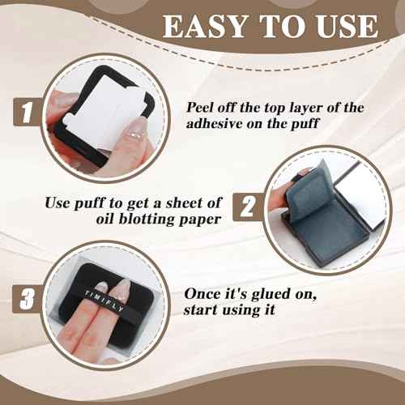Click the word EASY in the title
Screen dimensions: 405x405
[x=205, y=27]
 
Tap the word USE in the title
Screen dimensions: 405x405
[x=347, y=26]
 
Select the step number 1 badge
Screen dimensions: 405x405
[x=28, y=112]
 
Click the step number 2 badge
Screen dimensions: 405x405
[x=247, y=207]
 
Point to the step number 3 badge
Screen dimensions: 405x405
[x=28, y=299]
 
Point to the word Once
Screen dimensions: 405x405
[x=202, y=293]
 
